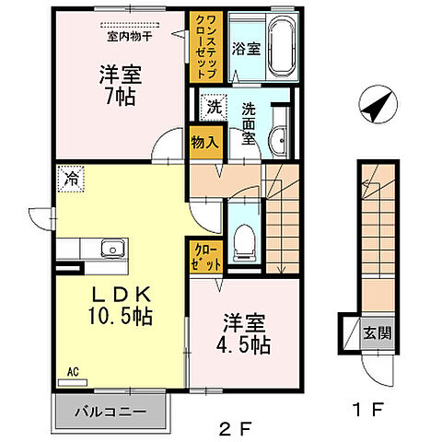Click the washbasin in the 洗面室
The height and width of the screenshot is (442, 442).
(x=275, y=141)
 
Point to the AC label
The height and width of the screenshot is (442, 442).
(x=73, y=372)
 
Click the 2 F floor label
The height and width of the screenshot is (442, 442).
(x=236, y=427)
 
